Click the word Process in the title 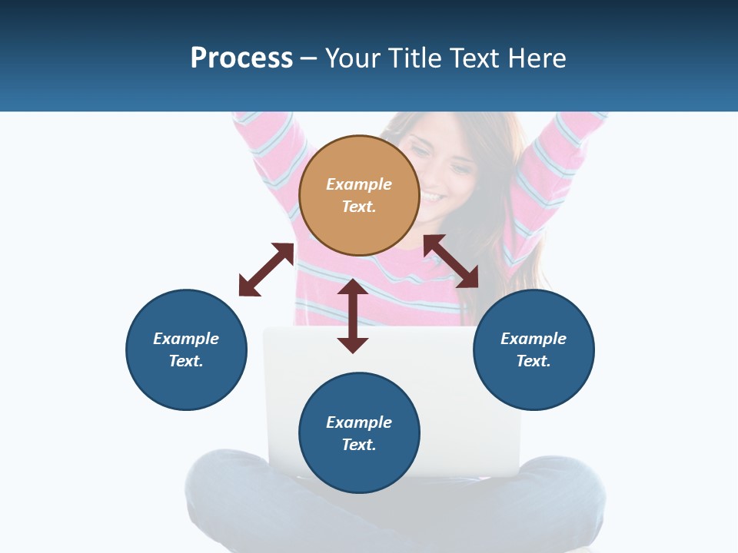click(x=241, y=58)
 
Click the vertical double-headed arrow click(x=353, y=316)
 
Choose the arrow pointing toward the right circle click(x=451, y=261)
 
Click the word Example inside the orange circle click(x=359, y=184)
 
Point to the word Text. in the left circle click(x=186, y=361)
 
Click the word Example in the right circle click(x=534, y=339)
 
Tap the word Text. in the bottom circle click(x=359, y=445)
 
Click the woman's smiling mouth click(x=431, y=199)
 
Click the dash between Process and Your click(x=308, y=59)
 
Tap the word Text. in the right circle click(x=534, y=361)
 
